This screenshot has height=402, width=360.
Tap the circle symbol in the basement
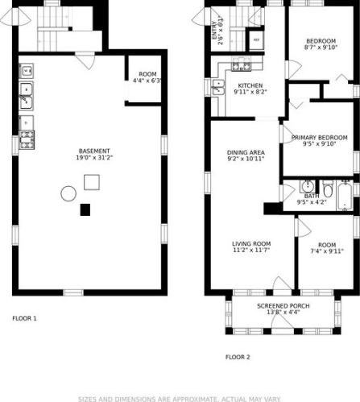pyautogui.click(x=68, y=193)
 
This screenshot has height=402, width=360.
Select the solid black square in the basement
pyautogui.click(x=85, y=210)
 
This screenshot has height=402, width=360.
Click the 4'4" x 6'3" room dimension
pyautogui.click(x=147, y=81)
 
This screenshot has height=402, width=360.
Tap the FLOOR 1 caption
pyautogui.click(x=24, y=318)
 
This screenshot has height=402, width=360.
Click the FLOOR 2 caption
pyautogui.click(x=238, y=356)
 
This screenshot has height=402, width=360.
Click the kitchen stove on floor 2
pyautogui.click(x=238, y=66)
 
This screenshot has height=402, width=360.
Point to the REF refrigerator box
pyautogui.click(x=257, y=39)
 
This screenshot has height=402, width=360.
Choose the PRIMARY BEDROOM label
pyautogui.click(x=320, y=138)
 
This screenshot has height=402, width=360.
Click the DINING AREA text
pyautogui.click(x=246, y=151)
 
